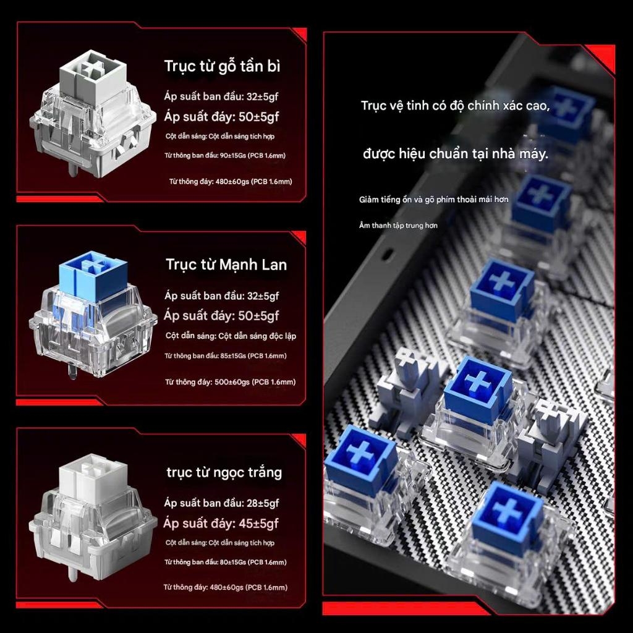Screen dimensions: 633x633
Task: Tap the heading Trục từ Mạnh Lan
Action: pyautogui.click(x=226, y=265)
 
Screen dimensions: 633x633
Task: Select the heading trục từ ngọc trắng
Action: pyautogui.click(x=224, y=472)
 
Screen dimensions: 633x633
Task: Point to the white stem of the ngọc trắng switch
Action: pyautogui.click(x=93, y=477)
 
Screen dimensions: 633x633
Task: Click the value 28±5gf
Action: pyautogui.click(x=263, y=503)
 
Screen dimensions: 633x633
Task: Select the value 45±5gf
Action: pyautogui.click(x=258, y=524)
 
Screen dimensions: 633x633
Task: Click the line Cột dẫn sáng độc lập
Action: pyautogui.click(x=257, y=336)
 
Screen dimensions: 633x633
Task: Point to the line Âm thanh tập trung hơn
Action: pyautogui.click(x=398, y=225)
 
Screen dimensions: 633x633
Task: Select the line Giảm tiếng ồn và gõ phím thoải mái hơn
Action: pyautogui.click(x=433, y=200)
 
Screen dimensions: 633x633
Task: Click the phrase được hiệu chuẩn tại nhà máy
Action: pyautogui.click(x=456, y=154)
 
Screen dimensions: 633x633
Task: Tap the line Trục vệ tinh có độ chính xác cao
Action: pyautogui.click(x=455, y=106)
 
